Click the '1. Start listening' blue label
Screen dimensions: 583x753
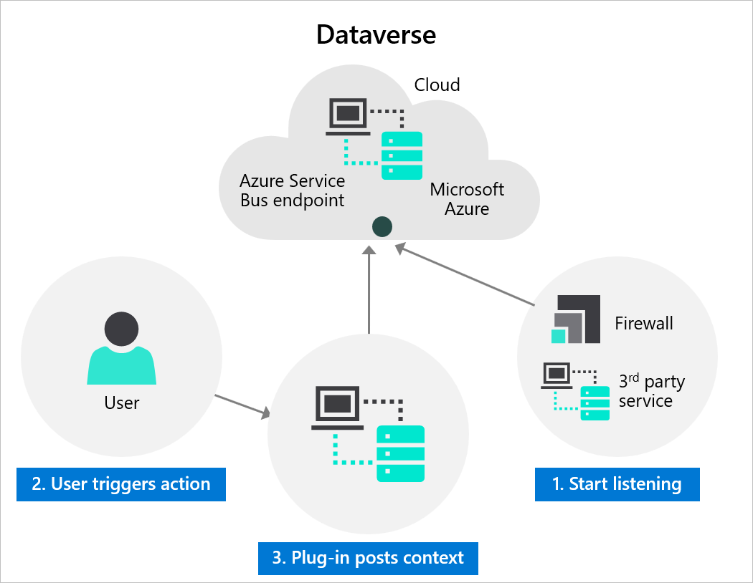[x=617, y=484]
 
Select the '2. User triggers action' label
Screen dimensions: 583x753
[x=121, y=484]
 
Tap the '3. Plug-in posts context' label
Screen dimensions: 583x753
[x=368, y=558]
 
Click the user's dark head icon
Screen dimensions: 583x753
[x=122, y=329]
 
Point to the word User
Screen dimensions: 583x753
[x=122, y=403]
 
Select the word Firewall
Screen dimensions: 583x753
[x=643, y=323]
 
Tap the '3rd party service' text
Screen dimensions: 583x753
[x=650, y=391]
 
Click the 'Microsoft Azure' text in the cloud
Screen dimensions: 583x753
[x=467, y=199]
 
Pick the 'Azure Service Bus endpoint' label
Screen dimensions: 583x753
[x=293, y=191]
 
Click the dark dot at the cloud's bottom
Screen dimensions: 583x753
[x=382, y=228]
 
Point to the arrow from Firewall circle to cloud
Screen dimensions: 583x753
[x=466, y=275]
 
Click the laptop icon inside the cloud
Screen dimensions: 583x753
[x=349, y=117]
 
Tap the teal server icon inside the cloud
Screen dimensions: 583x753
[x=402, y=155]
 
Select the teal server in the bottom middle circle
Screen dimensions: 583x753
[x=400, y=453]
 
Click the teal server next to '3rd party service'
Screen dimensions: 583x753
[x=595, y=403]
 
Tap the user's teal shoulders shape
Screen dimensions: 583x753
[x=122, y=365]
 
